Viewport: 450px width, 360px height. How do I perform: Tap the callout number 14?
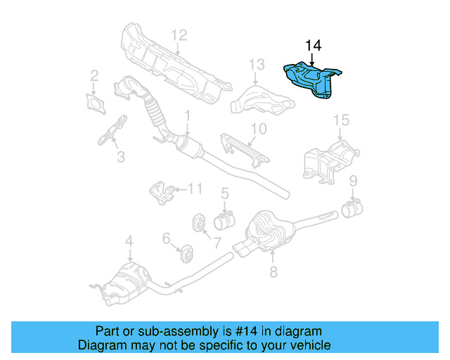pos(313,46)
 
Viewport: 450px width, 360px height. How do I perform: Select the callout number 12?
pos(179,34)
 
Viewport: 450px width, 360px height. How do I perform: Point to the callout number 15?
pos(340,120)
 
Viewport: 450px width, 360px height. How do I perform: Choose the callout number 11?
pos(194,188)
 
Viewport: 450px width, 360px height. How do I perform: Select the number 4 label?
pos(129,243)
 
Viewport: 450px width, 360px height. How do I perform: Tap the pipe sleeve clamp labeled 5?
pos(224,222)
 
